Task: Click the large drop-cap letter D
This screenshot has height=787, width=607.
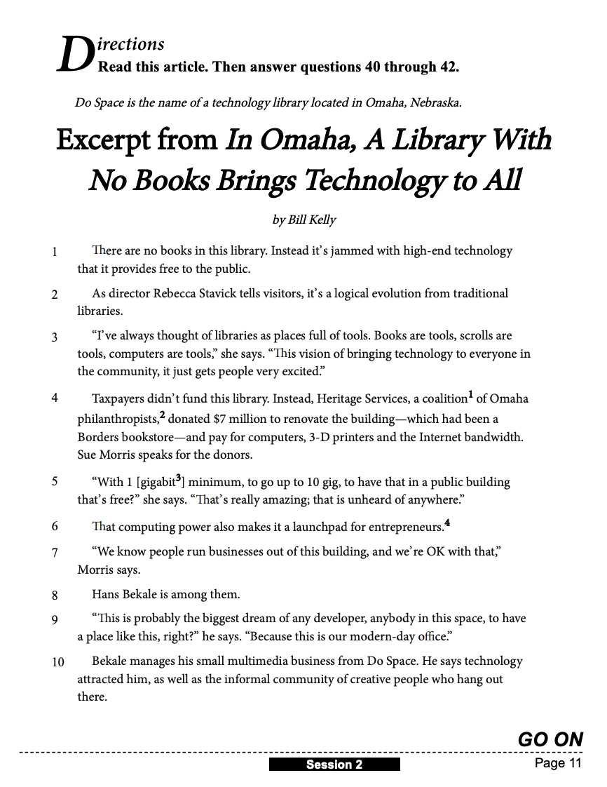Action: point(74,55)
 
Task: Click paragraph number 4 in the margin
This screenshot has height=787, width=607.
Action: point(55,398)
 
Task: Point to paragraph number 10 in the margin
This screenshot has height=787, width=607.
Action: point(57,661)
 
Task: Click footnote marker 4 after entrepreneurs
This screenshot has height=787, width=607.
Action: point(447,523)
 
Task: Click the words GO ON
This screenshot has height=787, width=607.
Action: point(550,739)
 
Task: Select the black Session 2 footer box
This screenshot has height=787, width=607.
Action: point(334,765)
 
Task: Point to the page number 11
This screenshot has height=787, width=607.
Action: point(574,764)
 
